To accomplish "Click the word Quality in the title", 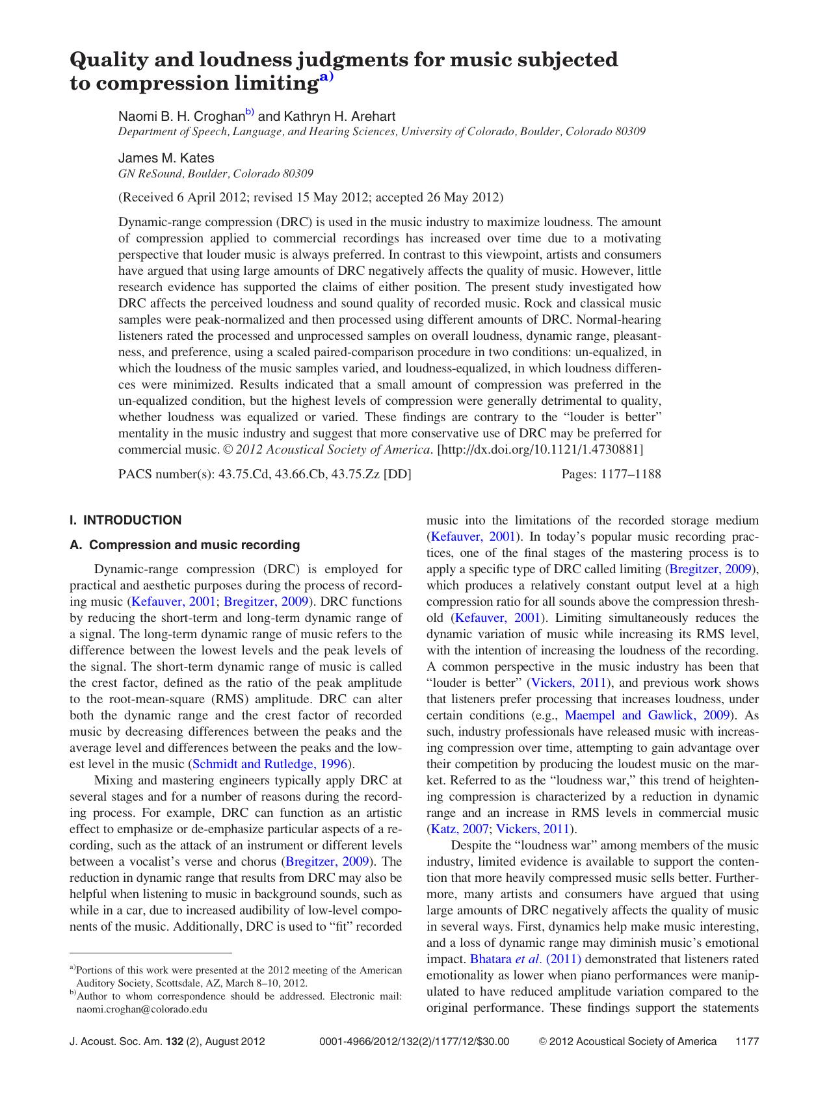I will [105, 60].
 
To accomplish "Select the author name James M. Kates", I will [166, 158].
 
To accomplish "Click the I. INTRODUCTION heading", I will [125, 520].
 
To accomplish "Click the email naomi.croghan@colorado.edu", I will [142, 1009].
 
